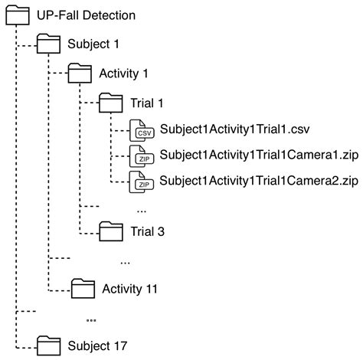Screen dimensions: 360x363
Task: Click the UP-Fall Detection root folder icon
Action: (17, 15)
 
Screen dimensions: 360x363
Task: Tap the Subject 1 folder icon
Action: (49, 44)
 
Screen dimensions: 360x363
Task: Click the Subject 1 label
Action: (93, 44)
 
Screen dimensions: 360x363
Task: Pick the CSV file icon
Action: (143, 129)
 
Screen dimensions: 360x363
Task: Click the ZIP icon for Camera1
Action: (143, 156)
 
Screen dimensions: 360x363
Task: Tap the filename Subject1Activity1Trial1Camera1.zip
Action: (259, 155)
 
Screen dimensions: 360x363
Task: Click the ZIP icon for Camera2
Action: (143, 183)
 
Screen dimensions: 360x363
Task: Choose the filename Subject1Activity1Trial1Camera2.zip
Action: (259, 182)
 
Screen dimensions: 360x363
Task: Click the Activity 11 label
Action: (129, 290)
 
